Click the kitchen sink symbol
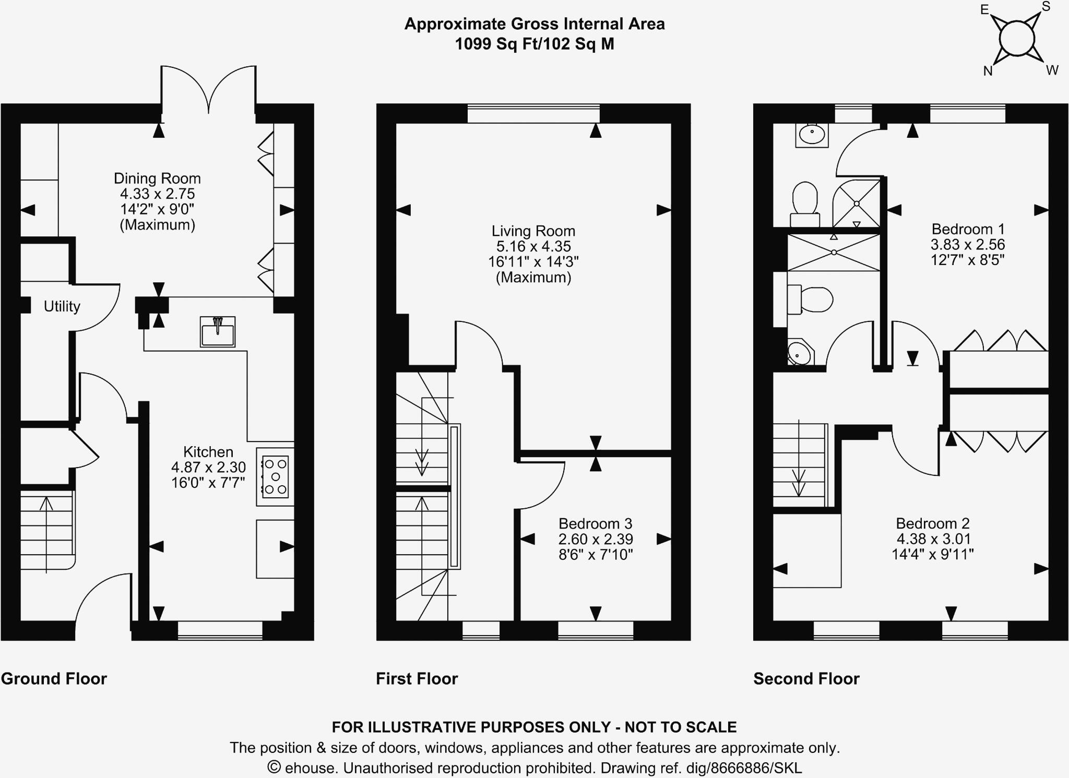tap(217, 332)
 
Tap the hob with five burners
tap(275, 476)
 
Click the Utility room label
tap(62, 306)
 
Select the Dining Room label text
tap(157, 178)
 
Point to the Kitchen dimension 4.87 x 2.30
tap(208, 468)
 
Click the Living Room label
tap(533, 231)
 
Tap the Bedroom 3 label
tap(595, 523)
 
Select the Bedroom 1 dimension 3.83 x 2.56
tap(967, 245)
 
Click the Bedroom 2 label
tap(932, 523)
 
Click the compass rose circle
tap(1016, 38)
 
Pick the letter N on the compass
tap(988, 71)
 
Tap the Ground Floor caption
tap(54, 679)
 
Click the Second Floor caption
tap(806, 679)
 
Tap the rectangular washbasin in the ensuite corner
tap(812, 135)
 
